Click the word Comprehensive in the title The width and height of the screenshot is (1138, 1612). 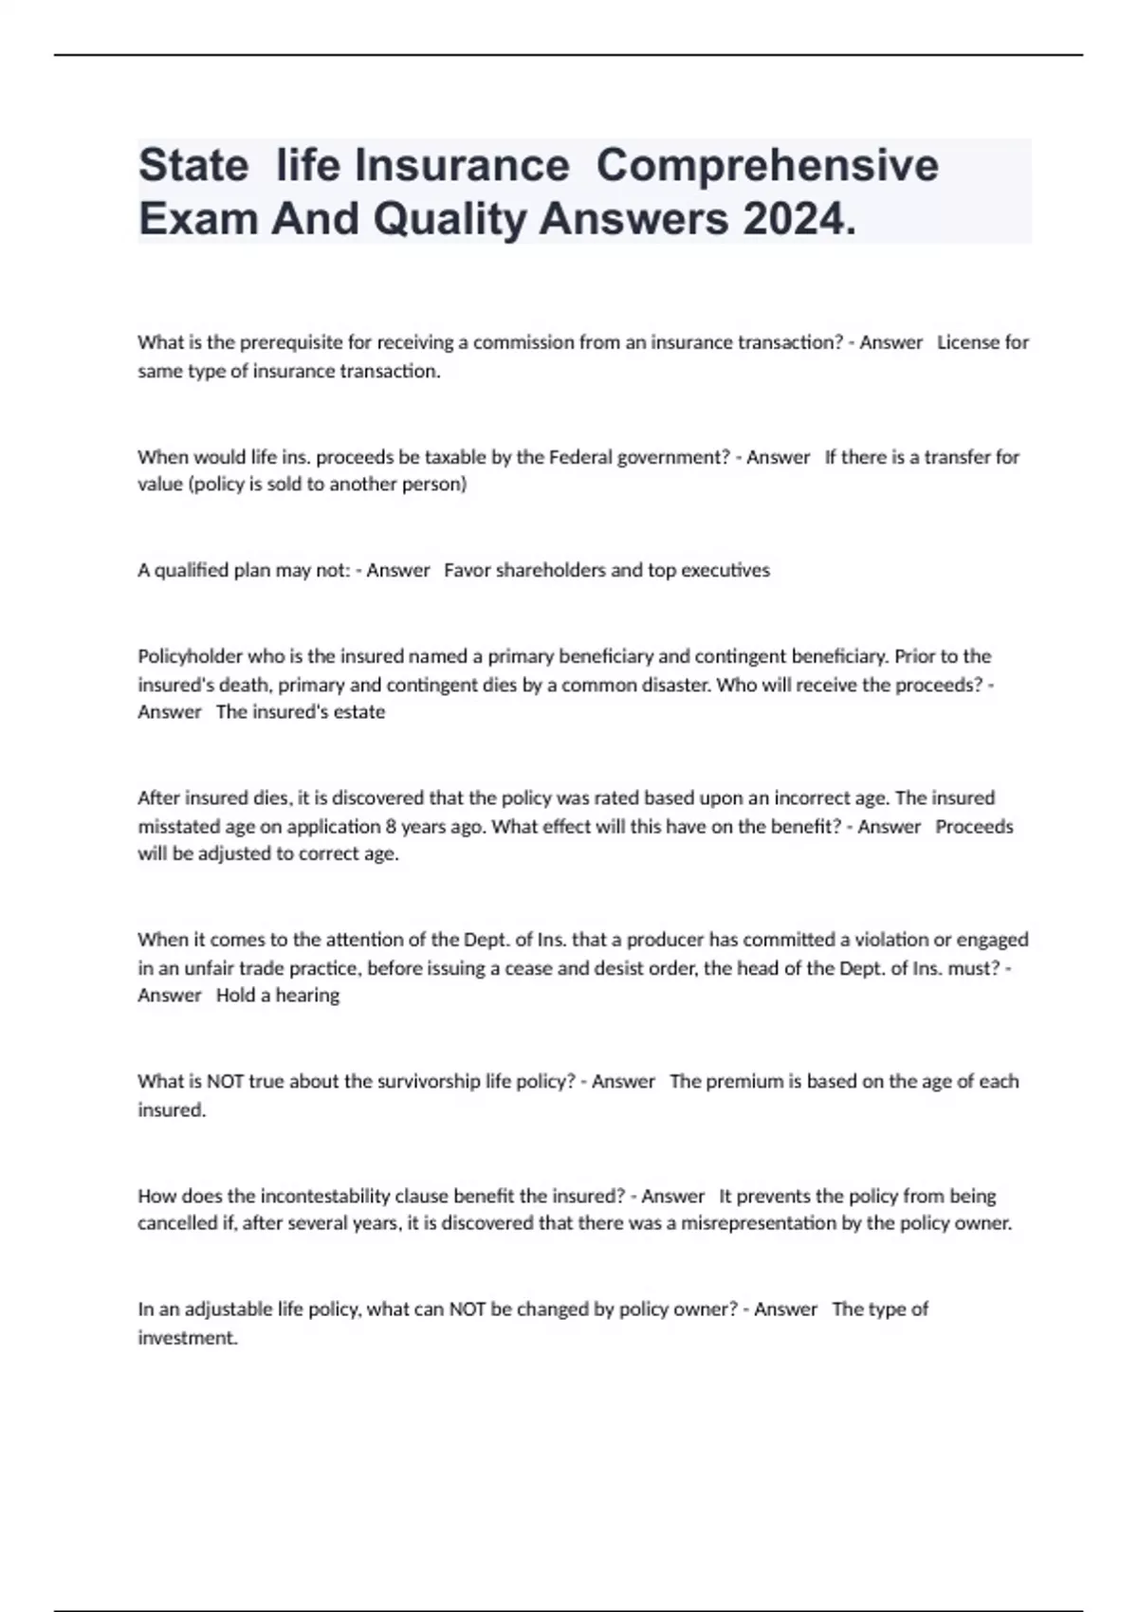click(767, 165)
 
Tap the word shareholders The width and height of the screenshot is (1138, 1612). click(551, 570)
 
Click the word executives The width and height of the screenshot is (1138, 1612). click(725, 570)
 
